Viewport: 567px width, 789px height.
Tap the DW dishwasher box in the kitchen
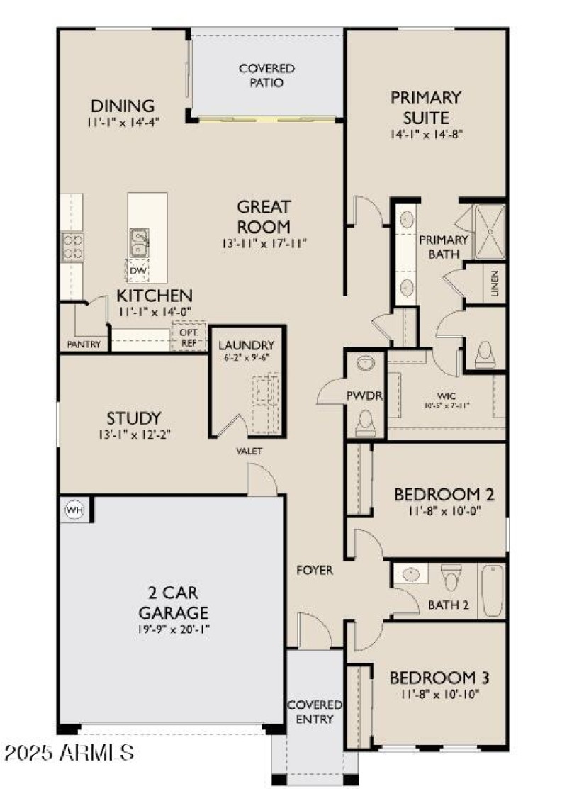138,270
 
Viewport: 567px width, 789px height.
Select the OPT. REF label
188,336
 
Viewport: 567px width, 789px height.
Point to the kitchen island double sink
139,242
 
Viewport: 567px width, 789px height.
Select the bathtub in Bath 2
492,591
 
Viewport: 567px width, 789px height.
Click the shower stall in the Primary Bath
488,231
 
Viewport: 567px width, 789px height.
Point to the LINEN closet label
494,284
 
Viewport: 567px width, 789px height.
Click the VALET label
249,451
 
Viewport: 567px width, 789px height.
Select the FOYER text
315,569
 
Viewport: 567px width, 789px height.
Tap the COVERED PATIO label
266,76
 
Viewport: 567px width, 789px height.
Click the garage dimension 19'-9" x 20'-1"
174,629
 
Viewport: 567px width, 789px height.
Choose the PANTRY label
84,345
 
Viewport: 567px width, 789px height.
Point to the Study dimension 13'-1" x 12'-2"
134,435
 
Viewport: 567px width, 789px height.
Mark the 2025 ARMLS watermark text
67,751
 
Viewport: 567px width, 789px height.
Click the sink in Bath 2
410,573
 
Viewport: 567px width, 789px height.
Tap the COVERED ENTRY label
315,712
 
